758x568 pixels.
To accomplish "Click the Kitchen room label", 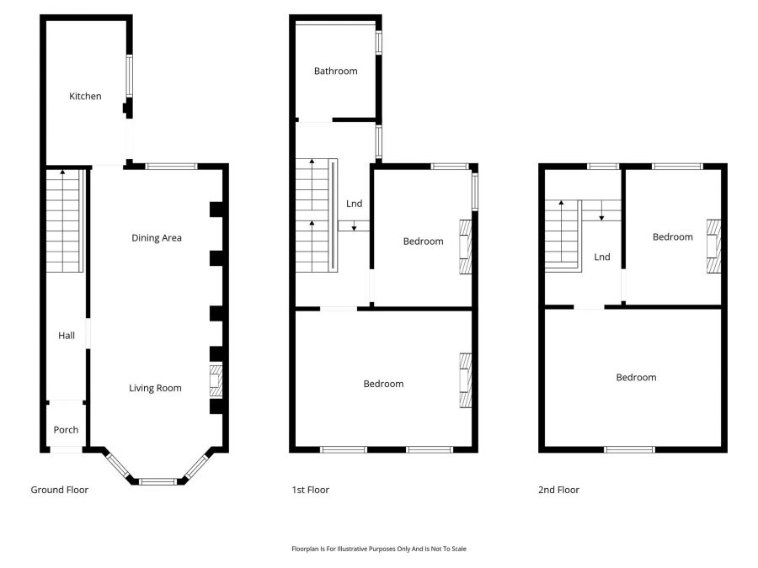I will pyautogui.click(x=85, y=96).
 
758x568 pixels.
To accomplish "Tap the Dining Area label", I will pyautogui.click(x=157, y=238).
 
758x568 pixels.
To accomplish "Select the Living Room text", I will pyautogui.click(x=155, y=388).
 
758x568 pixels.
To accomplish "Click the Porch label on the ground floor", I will pyautogui.click(x=66, y=430).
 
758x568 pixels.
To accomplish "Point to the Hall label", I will pyautogui.click(x=67, y=336).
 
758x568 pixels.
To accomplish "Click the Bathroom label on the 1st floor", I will pyautogui.click(x=335, y=72).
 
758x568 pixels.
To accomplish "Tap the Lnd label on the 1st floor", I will pyautogui.click(x=355, y=204).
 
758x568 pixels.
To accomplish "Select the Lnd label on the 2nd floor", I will pyautogui.click(x=601, y=257).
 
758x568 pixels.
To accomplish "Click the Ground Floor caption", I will pyautogui.click(x=59, y=490).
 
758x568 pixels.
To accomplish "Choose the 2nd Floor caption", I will pyautogui.click(x=558, y=490).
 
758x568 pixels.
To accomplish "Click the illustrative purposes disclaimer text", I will pyautogui.click(x=378, y=549).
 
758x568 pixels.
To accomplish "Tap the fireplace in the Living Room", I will pyautogui.click(x=216, y=380).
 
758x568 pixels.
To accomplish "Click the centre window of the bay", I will pyautogui.click(x=157, y=481).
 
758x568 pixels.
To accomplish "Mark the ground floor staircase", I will pyautogui.click(x=64, y=220).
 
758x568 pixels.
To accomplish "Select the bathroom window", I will pyautogui.click(x=378, y=44).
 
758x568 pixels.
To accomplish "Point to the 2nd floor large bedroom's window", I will pyautogui.click(x=630, y=449).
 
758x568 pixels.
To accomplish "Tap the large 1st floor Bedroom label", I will pyautogui.click(x=383, y=384).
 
